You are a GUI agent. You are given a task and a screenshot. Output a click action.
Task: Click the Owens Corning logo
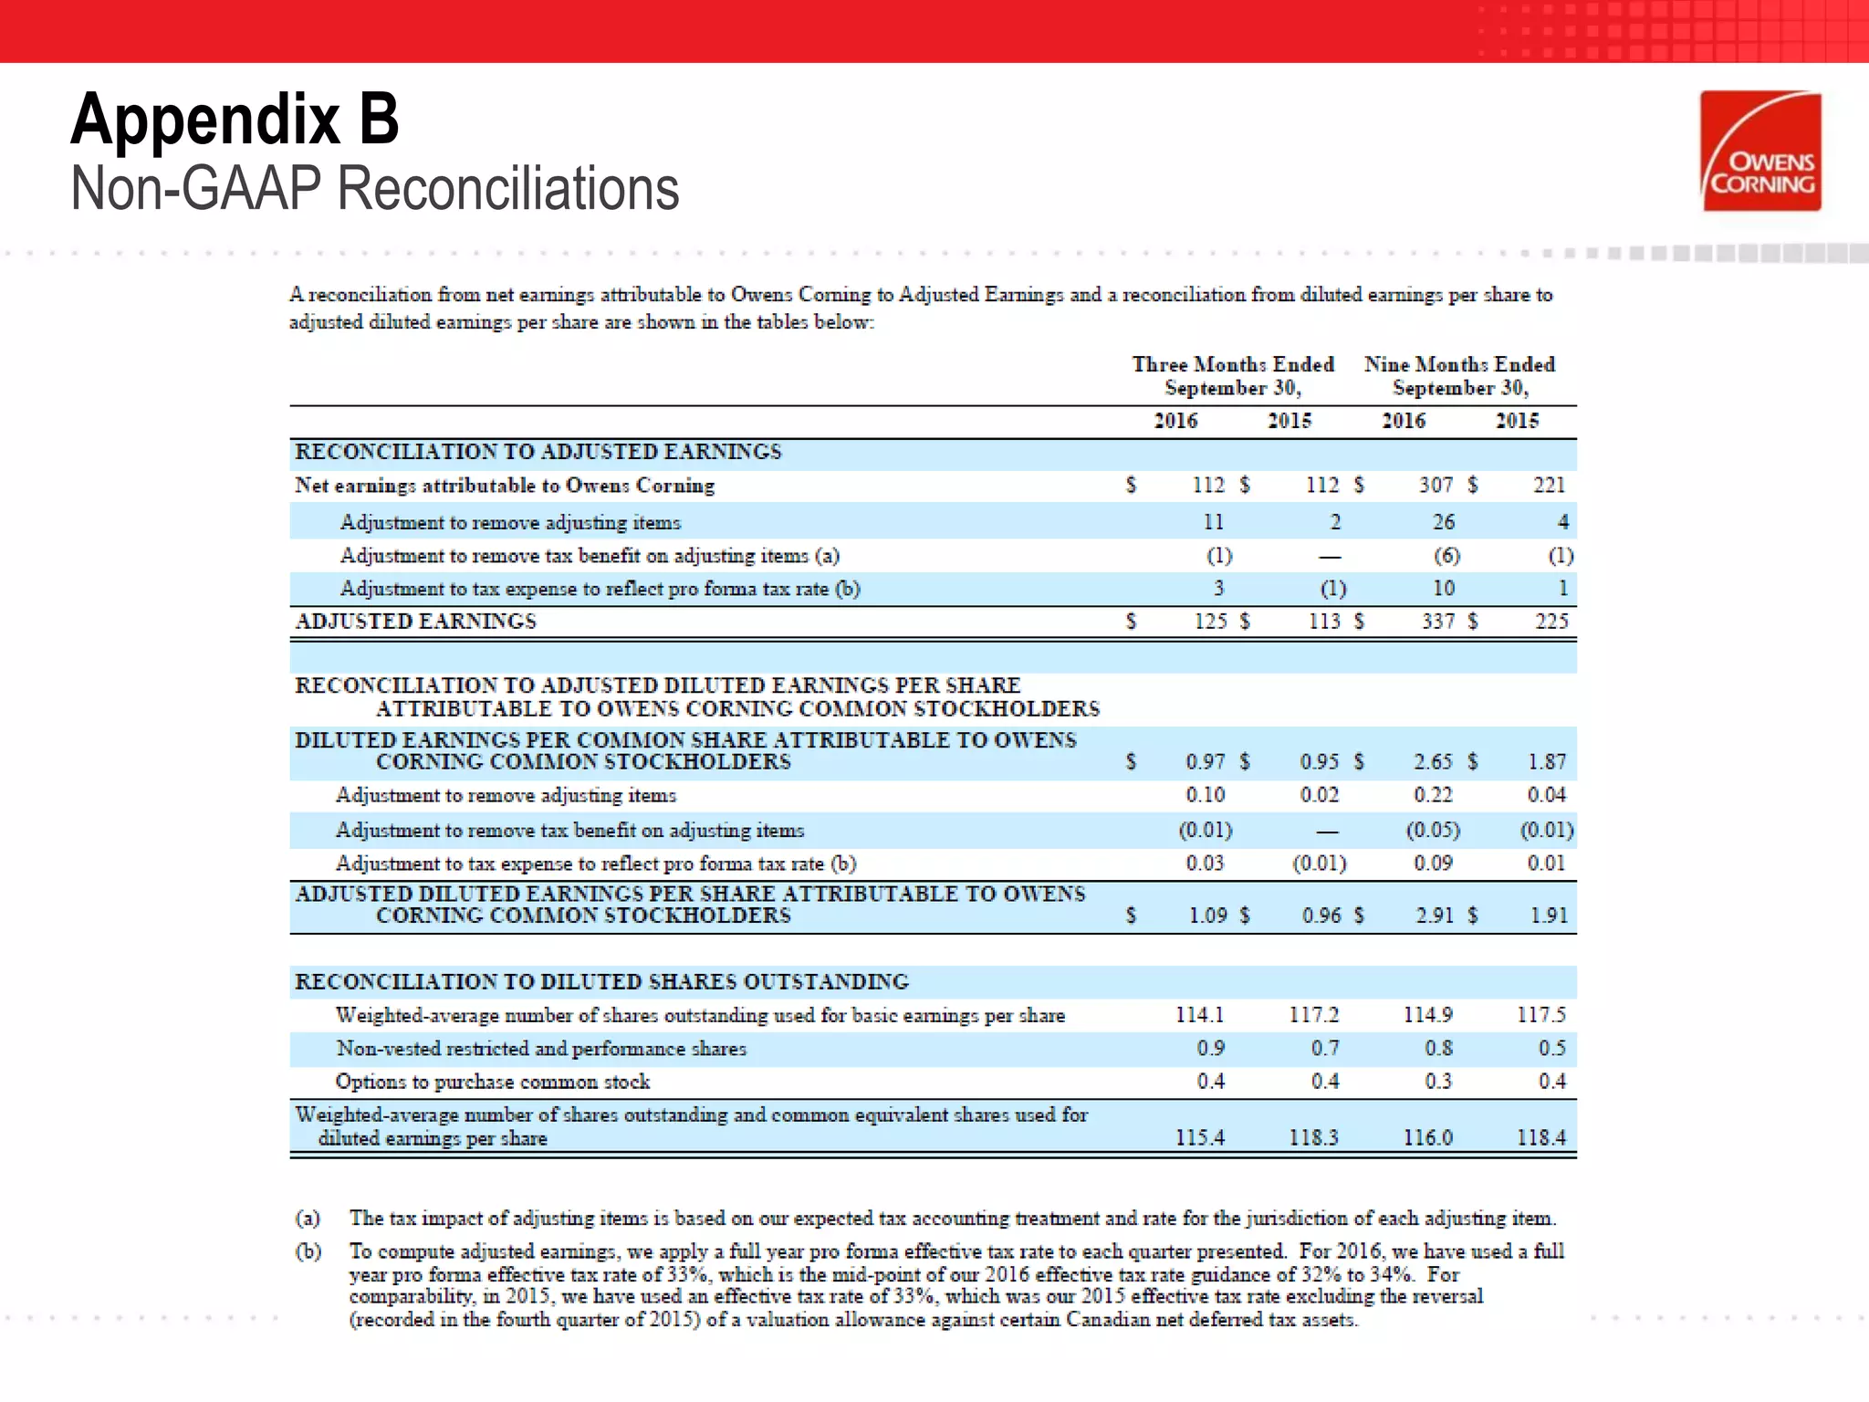pos(1760,152)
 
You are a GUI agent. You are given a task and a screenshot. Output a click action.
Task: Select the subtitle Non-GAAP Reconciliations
pos(374,189)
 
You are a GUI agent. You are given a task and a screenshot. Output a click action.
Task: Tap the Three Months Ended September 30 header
pos(1232,376)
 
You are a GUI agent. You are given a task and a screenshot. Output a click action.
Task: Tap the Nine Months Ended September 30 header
pos(1459,376)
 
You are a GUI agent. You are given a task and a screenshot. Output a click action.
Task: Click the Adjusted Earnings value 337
pos(1438,622)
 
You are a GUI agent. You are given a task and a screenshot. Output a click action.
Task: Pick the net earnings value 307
pos(1436,486)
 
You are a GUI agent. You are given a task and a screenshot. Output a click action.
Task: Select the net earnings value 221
pos(1549,486)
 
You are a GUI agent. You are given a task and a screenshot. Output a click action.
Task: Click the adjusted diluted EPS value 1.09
pos(1207,915)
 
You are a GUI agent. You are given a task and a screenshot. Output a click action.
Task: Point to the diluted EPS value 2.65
pos(1433,762)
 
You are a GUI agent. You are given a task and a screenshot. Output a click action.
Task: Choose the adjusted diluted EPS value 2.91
pos(1435,915)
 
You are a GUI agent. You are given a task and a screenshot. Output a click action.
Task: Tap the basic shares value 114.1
pos(1199,1015)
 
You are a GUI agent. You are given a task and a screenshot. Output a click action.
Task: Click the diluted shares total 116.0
pos(1427,1138)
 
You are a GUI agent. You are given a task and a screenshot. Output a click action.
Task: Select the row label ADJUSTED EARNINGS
pos(416,622)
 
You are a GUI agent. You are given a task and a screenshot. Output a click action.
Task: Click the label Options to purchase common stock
pos(493,1082)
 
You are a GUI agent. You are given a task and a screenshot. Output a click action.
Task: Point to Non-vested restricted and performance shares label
pos(541,1049)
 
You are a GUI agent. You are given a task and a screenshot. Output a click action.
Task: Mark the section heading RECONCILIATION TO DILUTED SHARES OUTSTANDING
pos(601,982)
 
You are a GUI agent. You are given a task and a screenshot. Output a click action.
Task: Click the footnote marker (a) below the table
pos(308,1219)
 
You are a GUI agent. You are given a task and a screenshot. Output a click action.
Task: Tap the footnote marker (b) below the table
pos(308,1251)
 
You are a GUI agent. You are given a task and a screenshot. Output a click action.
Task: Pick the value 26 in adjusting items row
pos(1443,522)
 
